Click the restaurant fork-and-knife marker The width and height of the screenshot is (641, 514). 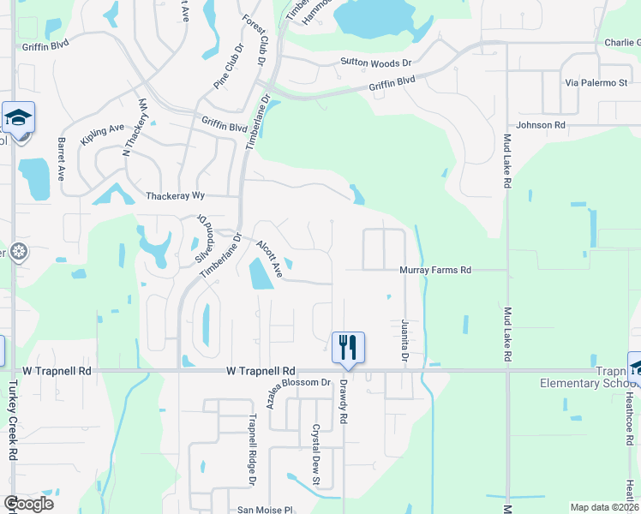[349, 347]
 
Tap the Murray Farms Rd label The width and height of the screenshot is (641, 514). [435, 270]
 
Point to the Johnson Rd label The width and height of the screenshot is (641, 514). [542, 125]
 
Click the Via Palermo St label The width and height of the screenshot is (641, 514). [597, 83]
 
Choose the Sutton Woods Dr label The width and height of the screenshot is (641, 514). [376, 63]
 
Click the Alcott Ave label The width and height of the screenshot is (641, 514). [270, 258]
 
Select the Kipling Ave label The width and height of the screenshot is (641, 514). [103, 134]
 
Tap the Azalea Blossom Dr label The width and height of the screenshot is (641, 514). [298, 392]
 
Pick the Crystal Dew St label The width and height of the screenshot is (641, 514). [315, 449]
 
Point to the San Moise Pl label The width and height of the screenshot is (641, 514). [265, 510]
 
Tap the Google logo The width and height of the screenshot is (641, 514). [27, 504]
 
